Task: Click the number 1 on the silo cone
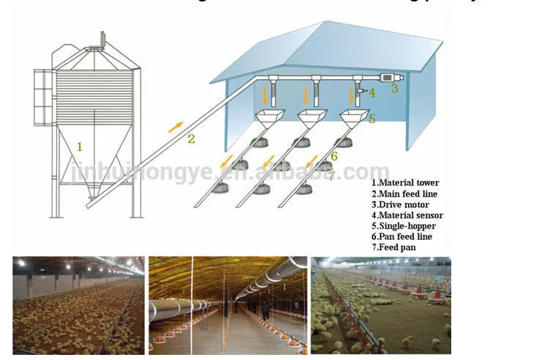click(x=80, y=147)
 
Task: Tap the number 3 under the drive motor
click(x=394, y=89)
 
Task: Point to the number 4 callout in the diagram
click(x=371, y=92)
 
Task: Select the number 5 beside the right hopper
click(x=372, y=118)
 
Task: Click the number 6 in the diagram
click(x=333, y=155)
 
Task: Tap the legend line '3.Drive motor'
click(x=400, y=205)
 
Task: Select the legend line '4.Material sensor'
click(x=407, y=216)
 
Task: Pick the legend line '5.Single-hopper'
click(x=404, y=227)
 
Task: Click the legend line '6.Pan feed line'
click(x=402, y=238)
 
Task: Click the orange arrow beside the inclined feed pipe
click(x=175, y=126)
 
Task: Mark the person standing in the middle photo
click(x=264, y=300)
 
